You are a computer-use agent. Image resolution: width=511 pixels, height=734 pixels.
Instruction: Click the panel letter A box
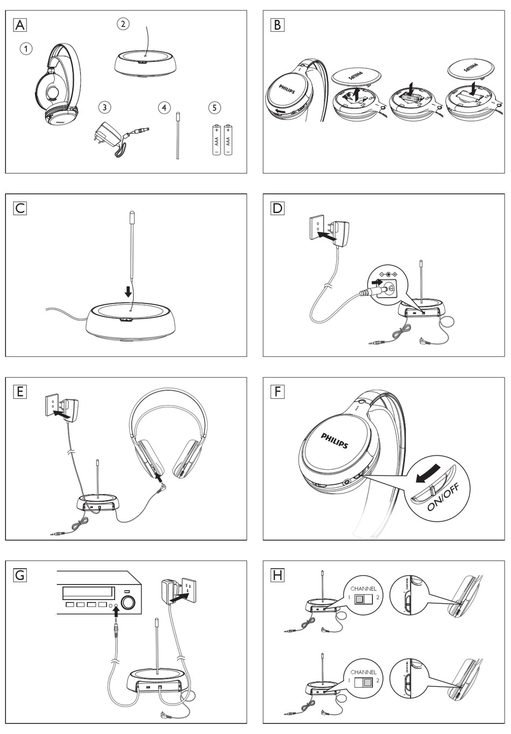pos(20,25)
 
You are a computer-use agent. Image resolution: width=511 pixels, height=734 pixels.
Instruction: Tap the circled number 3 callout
pos(105,107)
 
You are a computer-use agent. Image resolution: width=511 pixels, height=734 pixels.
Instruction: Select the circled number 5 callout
pos(215,108)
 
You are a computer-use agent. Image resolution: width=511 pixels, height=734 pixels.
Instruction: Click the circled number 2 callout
pos(123,24)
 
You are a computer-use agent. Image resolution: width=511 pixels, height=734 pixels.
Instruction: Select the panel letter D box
pos(278,208)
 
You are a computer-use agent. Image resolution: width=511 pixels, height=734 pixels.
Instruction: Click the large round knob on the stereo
pos(128,602)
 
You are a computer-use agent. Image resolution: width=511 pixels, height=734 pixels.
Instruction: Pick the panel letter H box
pos(278,575)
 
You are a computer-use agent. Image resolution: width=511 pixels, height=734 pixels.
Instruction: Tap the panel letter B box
pos(278,25)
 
